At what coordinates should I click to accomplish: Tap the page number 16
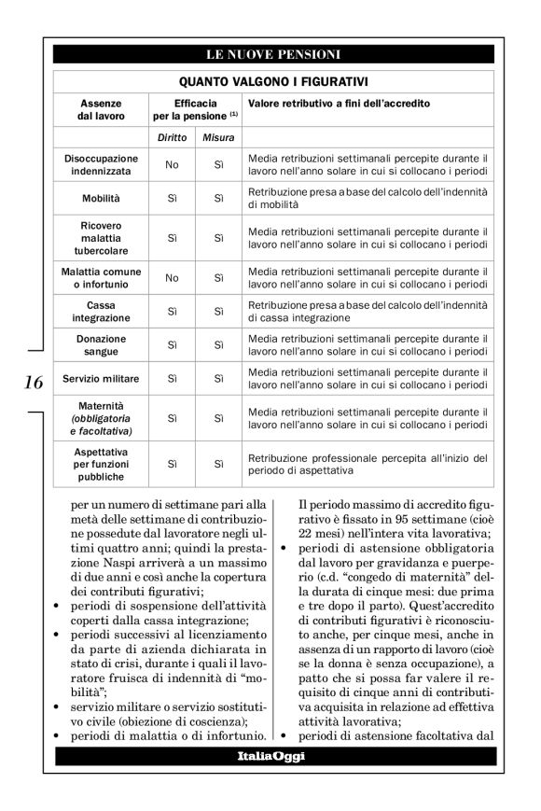point(33,383)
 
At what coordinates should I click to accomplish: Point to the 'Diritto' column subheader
point(172,138)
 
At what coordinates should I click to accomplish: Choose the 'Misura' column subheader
point(219,138)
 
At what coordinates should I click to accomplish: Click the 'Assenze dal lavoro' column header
point(100,108)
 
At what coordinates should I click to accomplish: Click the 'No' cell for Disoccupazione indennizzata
point(172,165)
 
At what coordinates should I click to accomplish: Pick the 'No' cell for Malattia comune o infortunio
point(172,277)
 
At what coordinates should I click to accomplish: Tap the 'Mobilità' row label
point(101,199)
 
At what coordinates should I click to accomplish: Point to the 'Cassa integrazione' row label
point(101,312)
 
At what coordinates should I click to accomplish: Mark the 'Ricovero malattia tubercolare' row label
point(101,238)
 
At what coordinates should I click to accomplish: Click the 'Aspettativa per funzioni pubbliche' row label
point(101,464)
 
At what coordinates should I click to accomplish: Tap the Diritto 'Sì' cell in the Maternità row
point(172,419)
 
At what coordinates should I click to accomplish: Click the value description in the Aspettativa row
point(367,464)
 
